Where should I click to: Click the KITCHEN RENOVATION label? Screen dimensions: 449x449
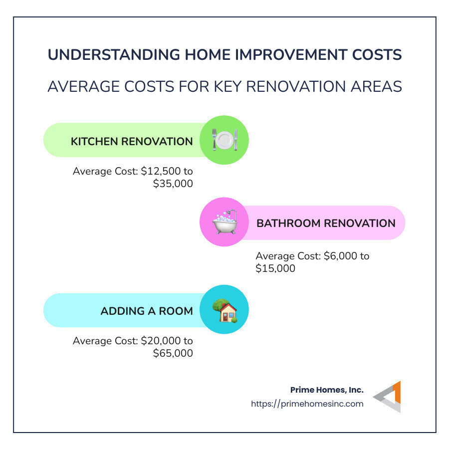point(132,141)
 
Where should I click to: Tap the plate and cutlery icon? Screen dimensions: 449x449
point(224,140)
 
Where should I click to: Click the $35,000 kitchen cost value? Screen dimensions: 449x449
point(173,184)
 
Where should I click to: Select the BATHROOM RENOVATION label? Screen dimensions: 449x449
point(326,223)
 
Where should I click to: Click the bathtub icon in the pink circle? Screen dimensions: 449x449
point(224,223)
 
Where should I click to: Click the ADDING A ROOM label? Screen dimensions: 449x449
point(147,311)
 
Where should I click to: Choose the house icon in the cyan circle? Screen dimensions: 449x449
point(224,310)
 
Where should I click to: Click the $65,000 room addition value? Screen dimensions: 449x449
point(173,353)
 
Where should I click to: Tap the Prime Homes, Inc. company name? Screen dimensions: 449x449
point(327,390)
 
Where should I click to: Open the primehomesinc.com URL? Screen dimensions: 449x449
point(307,404)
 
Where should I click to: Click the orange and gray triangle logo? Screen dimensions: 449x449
point(388,397)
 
